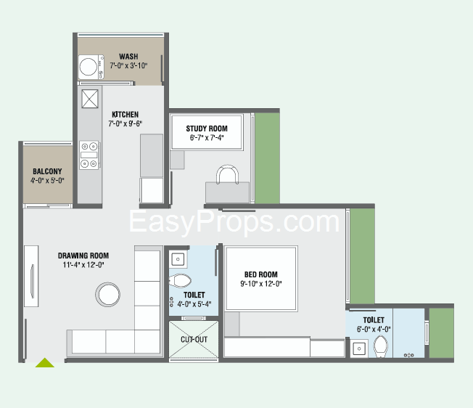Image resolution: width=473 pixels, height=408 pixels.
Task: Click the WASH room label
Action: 128,57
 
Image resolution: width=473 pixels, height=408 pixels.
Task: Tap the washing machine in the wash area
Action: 91,67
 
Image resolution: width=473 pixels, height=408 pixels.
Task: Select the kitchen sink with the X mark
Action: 90,99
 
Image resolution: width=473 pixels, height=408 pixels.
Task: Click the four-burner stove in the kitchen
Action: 89,155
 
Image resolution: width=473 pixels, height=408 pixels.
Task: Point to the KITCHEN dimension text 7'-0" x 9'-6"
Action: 126,123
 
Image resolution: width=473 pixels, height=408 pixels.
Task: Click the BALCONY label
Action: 47,171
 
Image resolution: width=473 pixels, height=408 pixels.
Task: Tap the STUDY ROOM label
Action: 207,128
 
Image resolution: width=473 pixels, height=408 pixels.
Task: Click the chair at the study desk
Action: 228,174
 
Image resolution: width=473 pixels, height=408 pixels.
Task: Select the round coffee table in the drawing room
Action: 107,294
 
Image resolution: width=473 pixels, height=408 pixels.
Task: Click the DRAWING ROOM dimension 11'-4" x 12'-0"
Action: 83,265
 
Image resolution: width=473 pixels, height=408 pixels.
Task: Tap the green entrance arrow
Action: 45,363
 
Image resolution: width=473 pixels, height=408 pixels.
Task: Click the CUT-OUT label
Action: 194,340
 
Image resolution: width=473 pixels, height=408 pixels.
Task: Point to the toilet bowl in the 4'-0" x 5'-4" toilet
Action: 180,281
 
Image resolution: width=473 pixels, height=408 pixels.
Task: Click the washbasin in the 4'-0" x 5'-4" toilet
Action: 178,259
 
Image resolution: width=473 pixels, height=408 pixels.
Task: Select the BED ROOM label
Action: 261,274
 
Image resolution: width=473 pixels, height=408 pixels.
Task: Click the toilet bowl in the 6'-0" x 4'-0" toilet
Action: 381,346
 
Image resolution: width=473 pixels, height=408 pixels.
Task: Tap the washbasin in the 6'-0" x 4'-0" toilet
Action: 359,348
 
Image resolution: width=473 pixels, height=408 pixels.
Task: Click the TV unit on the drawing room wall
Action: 31,276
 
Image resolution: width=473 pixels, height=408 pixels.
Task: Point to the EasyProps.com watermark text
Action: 234,222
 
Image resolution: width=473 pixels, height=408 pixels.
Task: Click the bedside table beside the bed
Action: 232,324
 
